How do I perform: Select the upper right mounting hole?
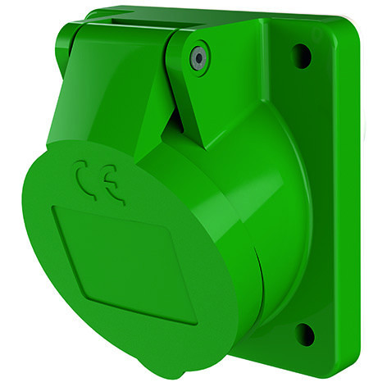(301, 57)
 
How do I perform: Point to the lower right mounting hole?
(304, 334)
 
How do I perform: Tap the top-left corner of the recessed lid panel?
(56, 208)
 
